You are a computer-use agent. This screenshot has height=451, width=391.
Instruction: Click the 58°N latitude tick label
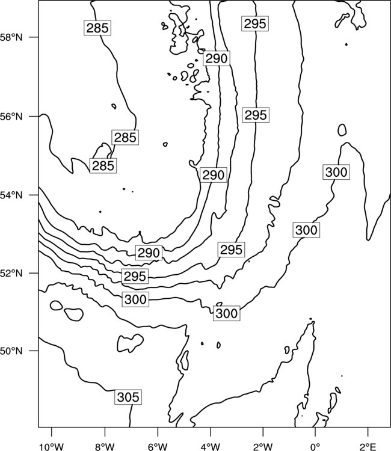point(11,37)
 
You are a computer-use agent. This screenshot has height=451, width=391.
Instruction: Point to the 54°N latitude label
point(11,195)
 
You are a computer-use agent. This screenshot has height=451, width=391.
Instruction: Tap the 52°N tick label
point(11,273)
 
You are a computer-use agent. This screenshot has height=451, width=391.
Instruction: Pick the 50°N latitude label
point(11,351)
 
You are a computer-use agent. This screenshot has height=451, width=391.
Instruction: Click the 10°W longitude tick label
point(52,447)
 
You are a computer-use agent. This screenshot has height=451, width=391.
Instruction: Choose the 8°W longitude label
point(105,447)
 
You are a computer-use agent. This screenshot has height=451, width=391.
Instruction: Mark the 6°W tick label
point(158,447)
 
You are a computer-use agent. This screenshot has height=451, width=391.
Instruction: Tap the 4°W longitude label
point(211,447)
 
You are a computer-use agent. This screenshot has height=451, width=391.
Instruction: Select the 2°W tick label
point(263,447)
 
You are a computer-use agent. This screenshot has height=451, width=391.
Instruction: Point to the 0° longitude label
point(315,447)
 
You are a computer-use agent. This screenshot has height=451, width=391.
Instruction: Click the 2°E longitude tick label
point(368,447)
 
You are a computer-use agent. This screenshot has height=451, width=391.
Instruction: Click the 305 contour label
point(128,397)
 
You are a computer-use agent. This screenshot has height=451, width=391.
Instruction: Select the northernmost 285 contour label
point(97,28)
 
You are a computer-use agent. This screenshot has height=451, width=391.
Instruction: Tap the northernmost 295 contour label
point(255,23)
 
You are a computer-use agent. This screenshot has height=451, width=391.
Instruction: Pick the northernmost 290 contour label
point(217,58)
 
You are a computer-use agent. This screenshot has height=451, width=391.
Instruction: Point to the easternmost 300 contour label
point(336,173)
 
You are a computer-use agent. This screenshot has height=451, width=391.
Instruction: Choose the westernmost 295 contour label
point(135,277)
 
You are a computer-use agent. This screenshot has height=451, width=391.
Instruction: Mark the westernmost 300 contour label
point(135,299)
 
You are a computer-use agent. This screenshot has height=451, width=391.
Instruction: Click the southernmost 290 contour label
point(149,253)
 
